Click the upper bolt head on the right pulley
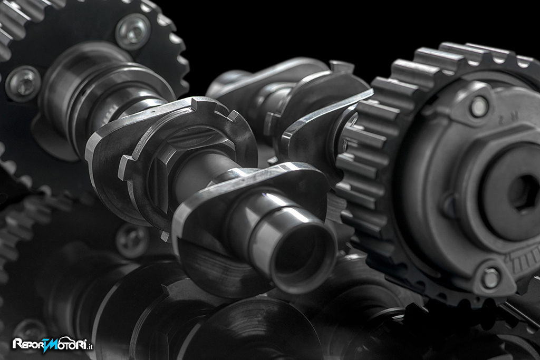click(479, 106)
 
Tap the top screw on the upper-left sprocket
click(132, 32)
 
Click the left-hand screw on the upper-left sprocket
click(23, 83)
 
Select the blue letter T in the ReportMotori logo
click(48, 345)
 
